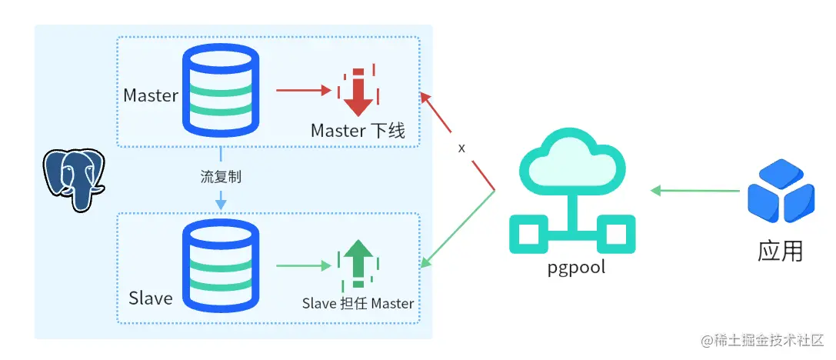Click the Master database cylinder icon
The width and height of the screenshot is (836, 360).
coord(220,90)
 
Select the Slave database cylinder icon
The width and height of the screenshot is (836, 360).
coord(220,265)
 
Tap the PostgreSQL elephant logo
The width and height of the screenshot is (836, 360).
coord(74,180)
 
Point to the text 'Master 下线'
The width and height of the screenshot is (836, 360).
coord(358,130)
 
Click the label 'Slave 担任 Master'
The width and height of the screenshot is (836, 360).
coord(358,304)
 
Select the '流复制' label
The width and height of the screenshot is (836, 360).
coord(221,177)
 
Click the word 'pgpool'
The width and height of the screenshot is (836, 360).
coord(576,267)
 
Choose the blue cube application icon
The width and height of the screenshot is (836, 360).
coord(781,191)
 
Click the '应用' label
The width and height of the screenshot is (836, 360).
coord(780,251)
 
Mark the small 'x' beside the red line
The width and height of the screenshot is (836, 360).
coord(461,148)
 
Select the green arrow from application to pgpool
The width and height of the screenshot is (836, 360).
coord(695,191)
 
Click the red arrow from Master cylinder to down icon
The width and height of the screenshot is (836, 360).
coord(303,90)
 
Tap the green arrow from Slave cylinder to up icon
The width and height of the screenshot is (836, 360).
coord(303,265)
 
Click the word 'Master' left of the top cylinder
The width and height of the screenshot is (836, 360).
coord(151,96)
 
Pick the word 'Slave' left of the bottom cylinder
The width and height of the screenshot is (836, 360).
coord(151,298)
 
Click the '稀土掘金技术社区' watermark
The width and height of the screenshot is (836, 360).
coord(763,340)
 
